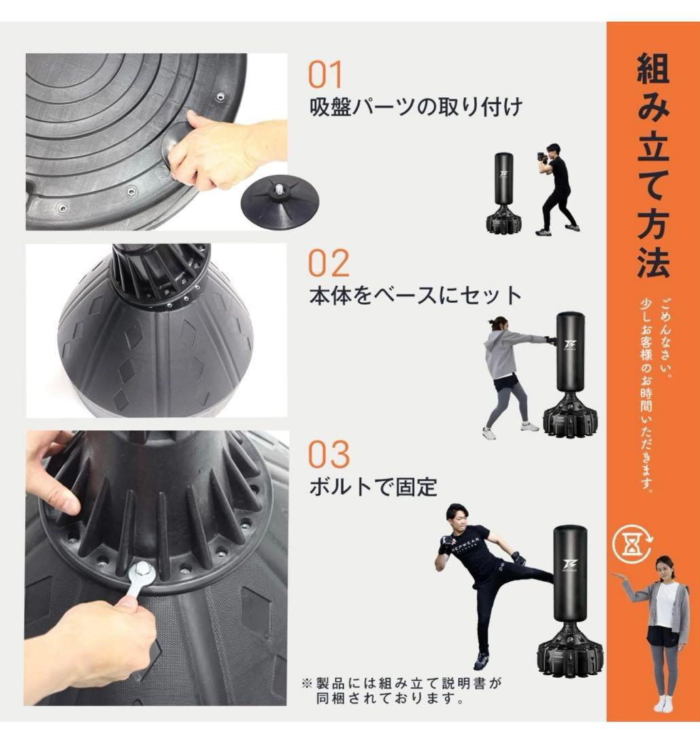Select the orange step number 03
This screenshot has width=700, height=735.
(329, 454)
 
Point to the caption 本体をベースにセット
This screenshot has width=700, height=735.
(415, 296)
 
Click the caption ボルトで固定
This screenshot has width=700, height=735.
(373, 487)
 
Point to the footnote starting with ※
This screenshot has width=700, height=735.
(401, 689)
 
